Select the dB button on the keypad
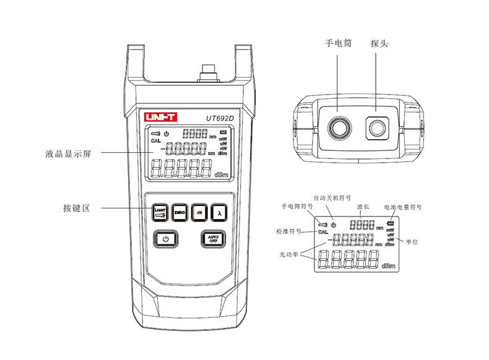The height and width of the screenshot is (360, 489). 199,212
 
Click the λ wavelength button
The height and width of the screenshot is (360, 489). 219,212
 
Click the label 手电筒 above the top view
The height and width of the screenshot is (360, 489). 339,44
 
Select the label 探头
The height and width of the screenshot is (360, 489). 379,44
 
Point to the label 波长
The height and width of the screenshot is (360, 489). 363,207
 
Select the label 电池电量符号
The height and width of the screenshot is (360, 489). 403,207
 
